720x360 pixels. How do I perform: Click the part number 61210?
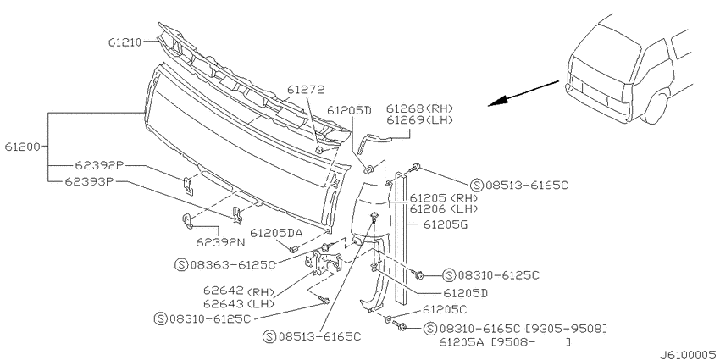[125, 42]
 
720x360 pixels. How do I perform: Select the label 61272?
[305, 89]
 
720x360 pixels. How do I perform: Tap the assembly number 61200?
[22, 147]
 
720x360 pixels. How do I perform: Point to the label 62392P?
[95, 165]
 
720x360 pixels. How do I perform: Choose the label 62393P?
[89, 181]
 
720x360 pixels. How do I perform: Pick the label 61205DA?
[276, 233]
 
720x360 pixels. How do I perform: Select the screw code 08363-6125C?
[233, 264]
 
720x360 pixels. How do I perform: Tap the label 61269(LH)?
[419, 120]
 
